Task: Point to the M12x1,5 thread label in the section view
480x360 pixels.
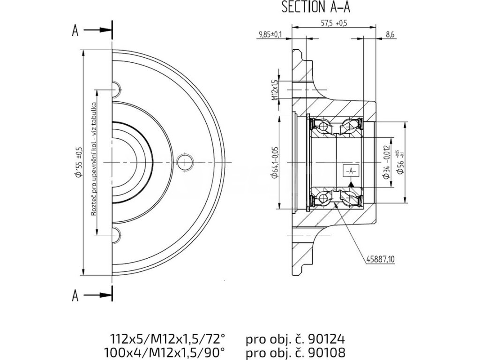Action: pos(275,90)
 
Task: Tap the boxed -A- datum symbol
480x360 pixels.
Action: pos(351,172)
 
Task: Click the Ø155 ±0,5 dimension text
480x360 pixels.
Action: pos(80,161)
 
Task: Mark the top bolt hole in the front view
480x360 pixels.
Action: pos(116,88)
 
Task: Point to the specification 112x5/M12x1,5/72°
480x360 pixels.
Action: pos(167,338)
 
